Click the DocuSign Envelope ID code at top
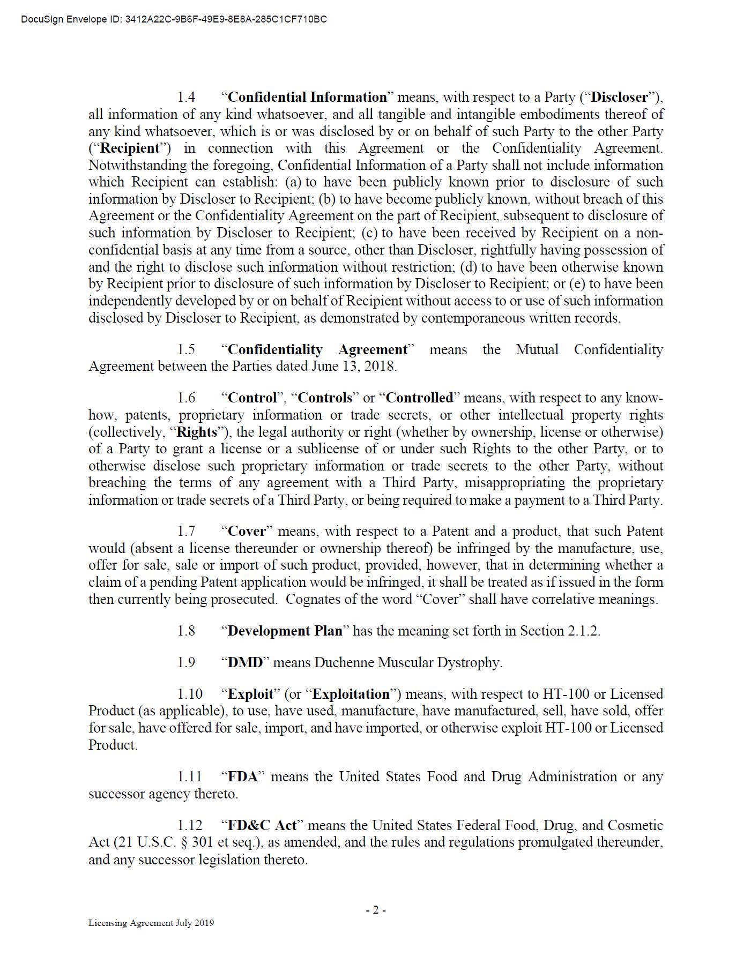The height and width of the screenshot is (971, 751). point(226,20)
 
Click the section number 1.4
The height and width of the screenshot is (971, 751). point(186,97)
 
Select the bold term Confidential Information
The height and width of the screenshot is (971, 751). point(307,97)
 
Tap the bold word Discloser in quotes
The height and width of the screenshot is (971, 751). point(619,97)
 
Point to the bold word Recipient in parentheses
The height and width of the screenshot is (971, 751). point(130,148)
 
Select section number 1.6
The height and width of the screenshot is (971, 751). point(186,398)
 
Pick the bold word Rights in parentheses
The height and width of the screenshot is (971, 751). point(197,432)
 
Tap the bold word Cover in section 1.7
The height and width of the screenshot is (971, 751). point(247,531)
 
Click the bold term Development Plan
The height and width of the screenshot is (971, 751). point(285,631)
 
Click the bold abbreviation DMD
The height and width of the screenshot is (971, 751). point(246,662)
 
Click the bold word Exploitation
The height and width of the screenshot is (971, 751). point(351,694)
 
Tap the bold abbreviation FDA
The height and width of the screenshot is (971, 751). point(243,776)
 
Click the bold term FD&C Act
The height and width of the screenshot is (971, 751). point(262,825)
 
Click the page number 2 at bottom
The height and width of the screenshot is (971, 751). point(376,910)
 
